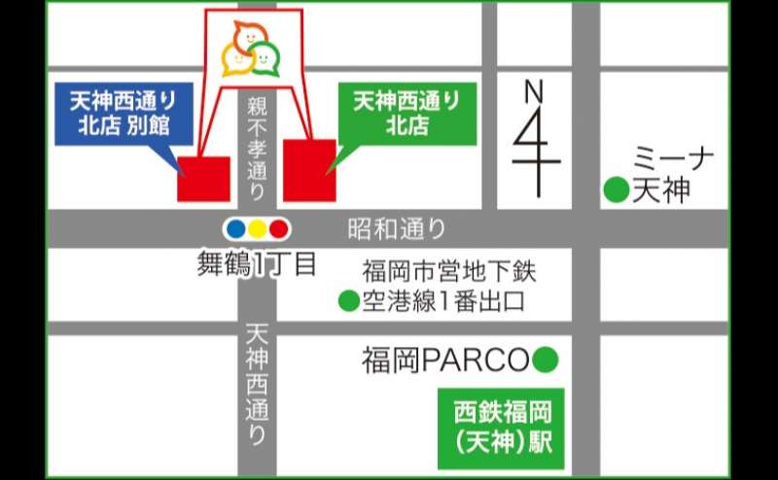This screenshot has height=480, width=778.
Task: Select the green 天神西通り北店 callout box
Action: click(x=407, y=112)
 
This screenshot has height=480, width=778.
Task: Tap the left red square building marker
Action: click(x=203, y=178)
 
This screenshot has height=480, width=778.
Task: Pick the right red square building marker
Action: click(x=309, y=171)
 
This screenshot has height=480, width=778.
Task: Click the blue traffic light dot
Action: click(x=234, y=229)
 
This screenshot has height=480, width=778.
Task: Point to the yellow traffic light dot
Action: click(x=257, y=229)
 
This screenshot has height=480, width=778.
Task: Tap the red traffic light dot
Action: click(x=279, y=229)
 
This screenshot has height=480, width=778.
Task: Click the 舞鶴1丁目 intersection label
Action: click(x=257, y=263)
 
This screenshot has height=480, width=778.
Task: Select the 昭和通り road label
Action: click(x=397, y=230)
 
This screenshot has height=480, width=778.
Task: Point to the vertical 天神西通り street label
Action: click(x=257, y=384)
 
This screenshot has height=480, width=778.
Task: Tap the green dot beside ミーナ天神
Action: click(x=616, y=190)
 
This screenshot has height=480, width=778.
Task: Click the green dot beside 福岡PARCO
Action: click(x=546, y=361)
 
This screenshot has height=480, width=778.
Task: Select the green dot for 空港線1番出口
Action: click(x=347, y=302)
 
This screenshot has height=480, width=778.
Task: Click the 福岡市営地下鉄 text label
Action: click(x=449, y=270)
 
